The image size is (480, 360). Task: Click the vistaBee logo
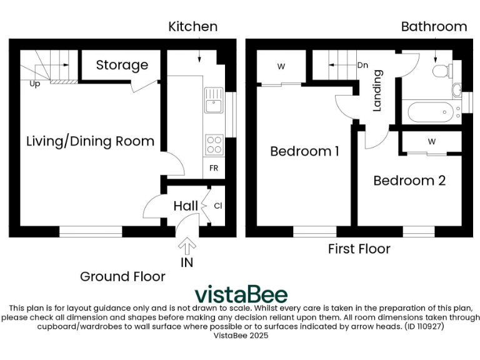241,294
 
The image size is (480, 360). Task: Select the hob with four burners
214,145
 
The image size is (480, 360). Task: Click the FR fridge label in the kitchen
214,169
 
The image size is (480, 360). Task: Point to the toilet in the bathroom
442,70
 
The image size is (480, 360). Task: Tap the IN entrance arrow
187,247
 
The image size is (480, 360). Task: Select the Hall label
186,206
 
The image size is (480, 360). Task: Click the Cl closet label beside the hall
218,206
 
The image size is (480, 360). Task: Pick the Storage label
122,65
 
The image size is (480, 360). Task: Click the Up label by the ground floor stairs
34,84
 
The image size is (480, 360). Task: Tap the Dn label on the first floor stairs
362,64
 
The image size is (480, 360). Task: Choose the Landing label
377,91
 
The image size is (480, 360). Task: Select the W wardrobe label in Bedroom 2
431,141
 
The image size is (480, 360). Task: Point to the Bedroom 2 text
409,181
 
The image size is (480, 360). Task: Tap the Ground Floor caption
122,276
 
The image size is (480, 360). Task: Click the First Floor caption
359,249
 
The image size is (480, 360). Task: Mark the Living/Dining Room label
90,141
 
